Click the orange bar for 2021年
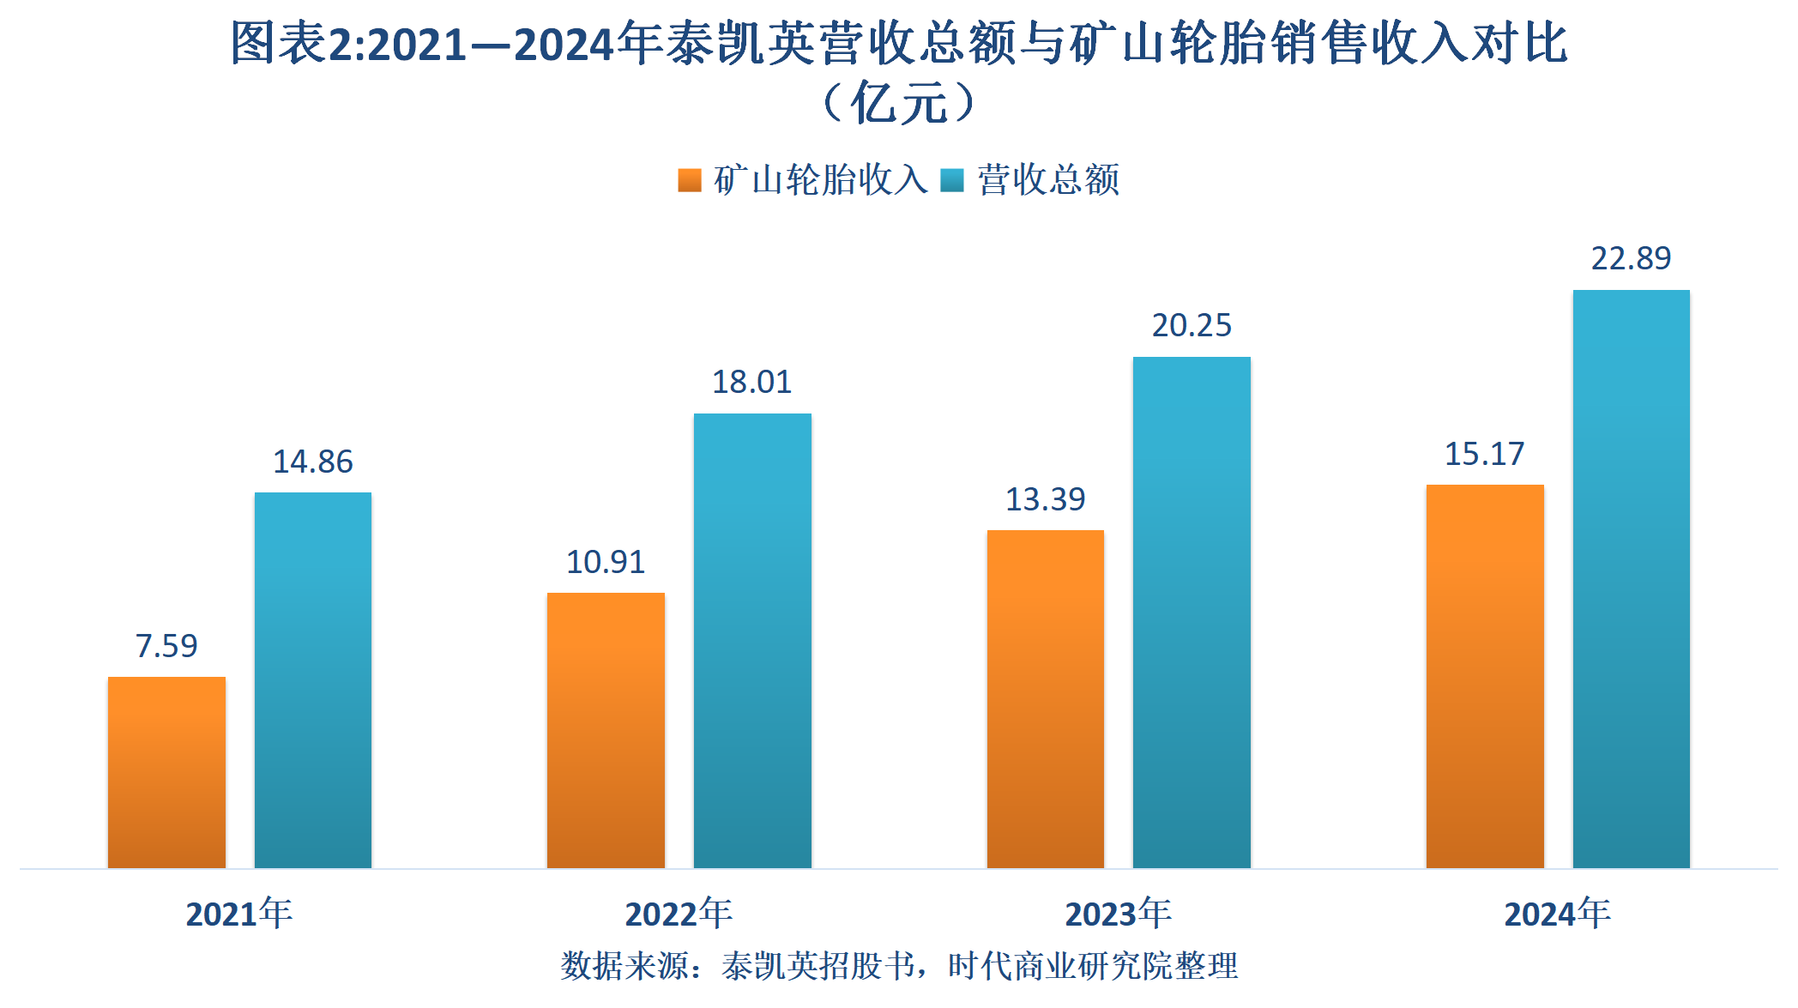click(x=166, y=772)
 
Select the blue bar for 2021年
click(x=313, y=680)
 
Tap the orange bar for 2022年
click(x=606, y=730)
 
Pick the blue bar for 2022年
click(x=752, y=641)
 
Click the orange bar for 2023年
click(x=1046, y=699)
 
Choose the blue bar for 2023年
click(x=1192, y=613)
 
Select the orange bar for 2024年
click(x=1485, y=676)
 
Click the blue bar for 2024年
click(x=1631, y=579)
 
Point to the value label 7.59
click(x=166, y=646)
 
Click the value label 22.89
click(x=1631, y=258)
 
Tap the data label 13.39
click(x=1045, y=499)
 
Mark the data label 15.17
click(x=1484, y=454)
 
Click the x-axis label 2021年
click(x=239, y=914)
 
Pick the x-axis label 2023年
click(x=1118, y=914)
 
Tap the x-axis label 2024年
click(x=1557, y=914)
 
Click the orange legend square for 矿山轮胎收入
click(x=690, y=180)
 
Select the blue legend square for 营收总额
click(x=952, y=180)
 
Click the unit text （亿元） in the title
click(x=898, y=104)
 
